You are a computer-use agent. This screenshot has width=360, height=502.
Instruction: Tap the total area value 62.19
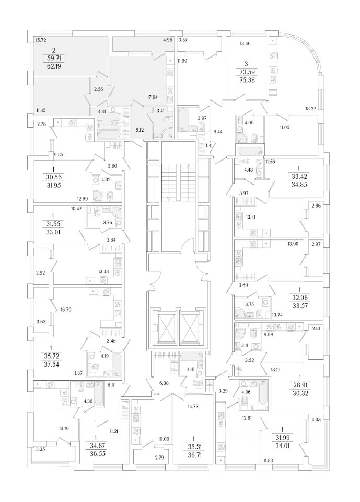53,67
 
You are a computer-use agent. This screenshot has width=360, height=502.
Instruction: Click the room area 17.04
153,97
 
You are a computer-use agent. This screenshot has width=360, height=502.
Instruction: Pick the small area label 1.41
209,145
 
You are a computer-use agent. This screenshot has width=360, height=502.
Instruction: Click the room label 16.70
66,310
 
